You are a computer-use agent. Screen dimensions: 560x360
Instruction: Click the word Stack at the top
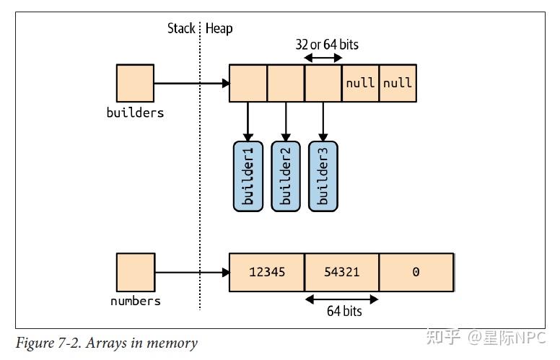[181, 28]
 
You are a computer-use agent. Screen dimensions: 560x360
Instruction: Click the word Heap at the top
[219, 29]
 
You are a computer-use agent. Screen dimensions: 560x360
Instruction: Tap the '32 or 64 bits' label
[327, 45]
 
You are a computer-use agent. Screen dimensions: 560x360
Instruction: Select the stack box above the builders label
[136, 83]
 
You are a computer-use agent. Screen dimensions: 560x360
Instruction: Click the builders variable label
[135, 113]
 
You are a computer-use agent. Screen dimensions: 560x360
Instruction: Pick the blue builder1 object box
[248, 176]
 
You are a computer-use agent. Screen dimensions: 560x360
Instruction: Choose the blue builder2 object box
[286, 176]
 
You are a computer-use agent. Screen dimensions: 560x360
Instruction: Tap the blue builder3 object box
[323, 176]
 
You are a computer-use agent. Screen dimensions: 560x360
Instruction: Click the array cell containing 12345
[267, 273]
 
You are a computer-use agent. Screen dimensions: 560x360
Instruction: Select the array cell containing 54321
[342, 273]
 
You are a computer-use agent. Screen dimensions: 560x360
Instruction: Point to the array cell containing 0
[416, 273]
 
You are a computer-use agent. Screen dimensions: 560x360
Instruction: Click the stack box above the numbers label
[136, 273]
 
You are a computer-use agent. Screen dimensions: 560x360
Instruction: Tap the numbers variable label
[136, 301]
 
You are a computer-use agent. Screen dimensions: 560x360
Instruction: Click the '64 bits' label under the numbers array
[344, 311]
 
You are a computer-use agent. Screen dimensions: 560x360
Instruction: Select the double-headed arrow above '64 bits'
[342, 299]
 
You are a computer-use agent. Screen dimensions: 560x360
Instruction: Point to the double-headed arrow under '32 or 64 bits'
[323, 58]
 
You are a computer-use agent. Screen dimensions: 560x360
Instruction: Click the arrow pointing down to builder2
[286, 121]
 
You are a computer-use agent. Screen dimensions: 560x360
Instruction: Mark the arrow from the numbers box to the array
[193, 273]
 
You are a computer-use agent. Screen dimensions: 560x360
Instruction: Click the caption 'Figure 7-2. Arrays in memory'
[106, 343]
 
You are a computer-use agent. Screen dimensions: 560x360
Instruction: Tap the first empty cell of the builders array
[248, 83]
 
